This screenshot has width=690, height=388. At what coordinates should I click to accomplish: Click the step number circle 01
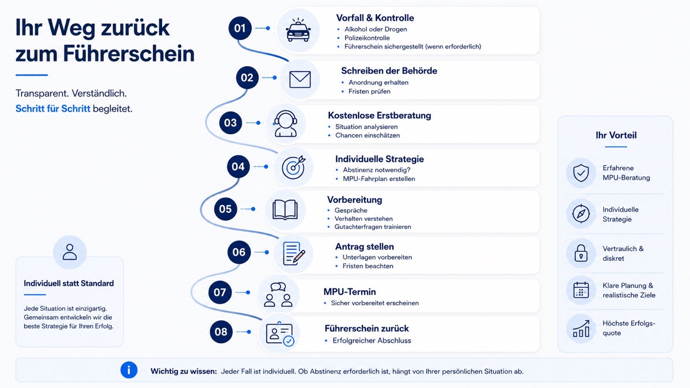click(x=240, y=29)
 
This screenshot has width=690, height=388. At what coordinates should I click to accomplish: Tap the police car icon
click(x=298, y=30)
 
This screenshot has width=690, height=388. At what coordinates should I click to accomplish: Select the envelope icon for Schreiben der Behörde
click(x=300, y=79)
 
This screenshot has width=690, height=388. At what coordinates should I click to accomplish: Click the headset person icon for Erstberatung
click(x=285, y=123)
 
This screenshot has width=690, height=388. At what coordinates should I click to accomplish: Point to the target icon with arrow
click(x=294, y=167)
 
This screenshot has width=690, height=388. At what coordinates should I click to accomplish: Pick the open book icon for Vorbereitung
click(x=285, y=210)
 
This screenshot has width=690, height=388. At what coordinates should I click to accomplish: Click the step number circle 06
click(x=239, y=252)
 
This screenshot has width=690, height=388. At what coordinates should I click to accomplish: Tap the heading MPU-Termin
click(x=350, y=292)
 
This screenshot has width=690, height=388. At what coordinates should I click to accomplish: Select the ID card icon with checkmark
click(x=280, y=334)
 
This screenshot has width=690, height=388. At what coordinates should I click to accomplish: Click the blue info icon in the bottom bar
click(x=129, y=370)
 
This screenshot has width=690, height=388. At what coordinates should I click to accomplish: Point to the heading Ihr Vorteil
click(x=616, y=135)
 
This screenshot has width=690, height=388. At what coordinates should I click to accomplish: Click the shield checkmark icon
click(x=581, y=173)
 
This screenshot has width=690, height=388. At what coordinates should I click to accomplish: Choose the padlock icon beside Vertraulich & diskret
click(x=581, y=253)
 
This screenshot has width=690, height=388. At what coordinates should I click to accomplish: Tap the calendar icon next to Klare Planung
click(x=581, y=290)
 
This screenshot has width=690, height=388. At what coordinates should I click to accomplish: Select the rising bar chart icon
click(x=581, y=328)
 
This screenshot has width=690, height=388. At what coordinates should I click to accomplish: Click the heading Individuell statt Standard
click(x=68, y=283)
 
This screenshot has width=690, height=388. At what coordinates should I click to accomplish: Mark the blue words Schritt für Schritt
click(x=53, y=109)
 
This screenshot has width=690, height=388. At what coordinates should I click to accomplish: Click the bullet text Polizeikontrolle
click(x=367, y=38)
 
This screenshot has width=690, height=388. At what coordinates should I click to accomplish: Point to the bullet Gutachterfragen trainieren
click(x=372, y=227)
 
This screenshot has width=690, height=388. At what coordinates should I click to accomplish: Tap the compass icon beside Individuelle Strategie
click(x=581, y=213)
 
